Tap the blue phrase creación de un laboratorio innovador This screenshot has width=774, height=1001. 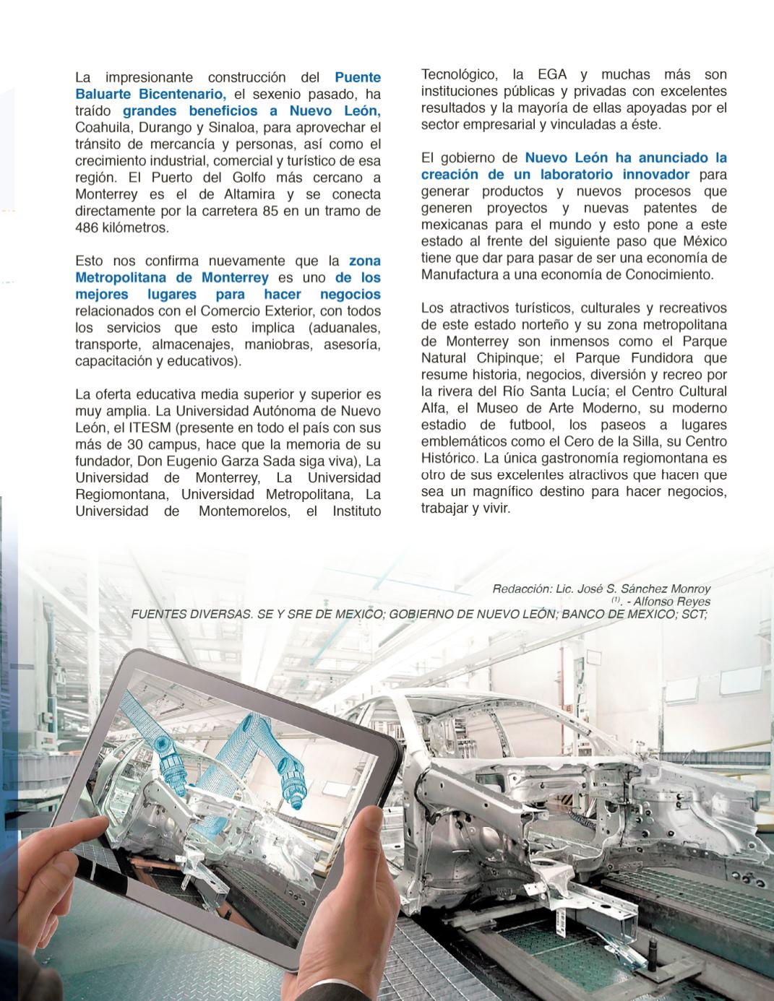555,175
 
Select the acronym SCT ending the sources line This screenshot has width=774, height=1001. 693,615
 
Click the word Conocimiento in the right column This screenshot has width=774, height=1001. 668,275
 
